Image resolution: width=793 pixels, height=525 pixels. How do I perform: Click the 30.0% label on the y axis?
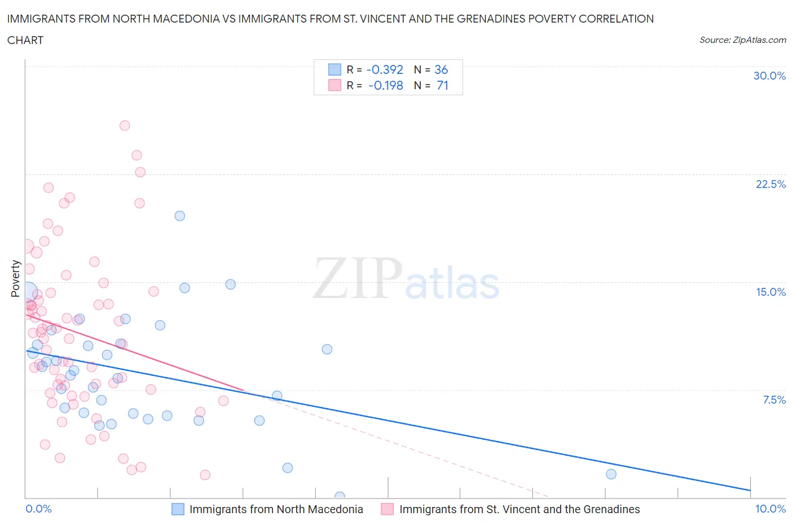tap(769, 76)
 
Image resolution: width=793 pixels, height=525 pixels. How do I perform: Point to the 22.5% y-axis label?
tap(770, 184)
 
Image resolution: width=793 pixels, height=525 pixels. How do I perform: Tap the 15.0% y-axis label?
tap(770, 292)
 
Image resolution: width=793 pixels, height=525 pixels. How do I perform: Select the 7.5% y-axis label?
tap(774, 400)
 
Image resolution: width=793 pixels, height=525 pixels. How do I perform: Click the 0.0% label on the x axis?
tap(38, 509)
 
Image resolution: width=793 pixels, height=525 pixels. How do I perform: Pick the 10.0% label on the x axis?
tap(770, 509)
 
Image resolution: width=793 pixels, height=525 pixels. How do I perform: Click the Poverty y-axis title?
tap(16, 278)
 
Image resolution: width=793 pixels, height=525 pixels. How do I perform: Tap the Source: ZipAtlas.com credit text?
tap(742, 40)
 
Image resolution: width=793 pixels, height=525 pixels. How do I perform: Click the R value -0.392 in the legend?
tap(385, 69)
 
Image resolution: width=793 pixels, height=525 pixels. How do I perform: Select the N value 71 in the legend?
tap(442, 85)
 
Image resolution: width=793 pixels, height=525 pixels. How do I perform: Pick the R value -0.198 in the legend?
tap(386, 85)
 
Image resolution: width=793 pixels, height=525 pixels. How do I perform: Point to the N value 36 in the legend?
tap(441, 69)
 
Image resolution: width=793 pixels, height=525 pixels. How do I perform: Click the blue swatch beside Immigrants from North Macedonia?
tap(178, 509)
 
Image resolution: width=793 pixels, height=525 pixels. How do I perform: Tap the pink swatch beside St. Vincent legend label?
tap(387, 509)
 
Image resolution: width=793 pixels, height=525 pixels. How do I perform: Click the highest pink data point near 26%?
tap(125, 125)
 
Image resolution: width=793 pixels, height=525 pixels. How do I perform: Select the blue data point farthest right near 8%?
tap(611, 474)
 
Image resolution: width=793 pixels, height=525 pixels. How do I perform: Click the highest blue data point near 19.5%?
tap(179, 216)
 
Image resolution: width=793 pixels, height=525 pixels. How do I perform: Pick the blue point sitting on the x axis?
tap(340, 497)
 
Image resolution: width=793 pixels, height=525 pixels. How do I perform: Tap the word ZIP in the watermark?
tap(357, 278)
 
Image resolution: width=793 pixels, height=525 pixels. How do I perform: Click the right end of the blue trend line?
tap(750, 490)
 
